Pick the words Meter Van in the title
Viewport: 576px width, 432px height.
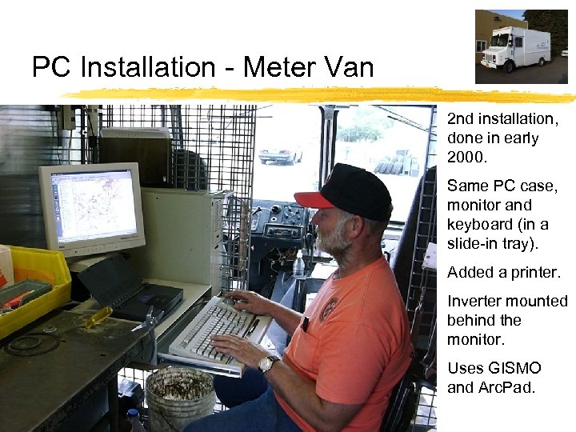coord(308,67)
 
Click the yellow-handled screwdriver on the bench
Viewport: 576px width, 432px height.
coord(96,318)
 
